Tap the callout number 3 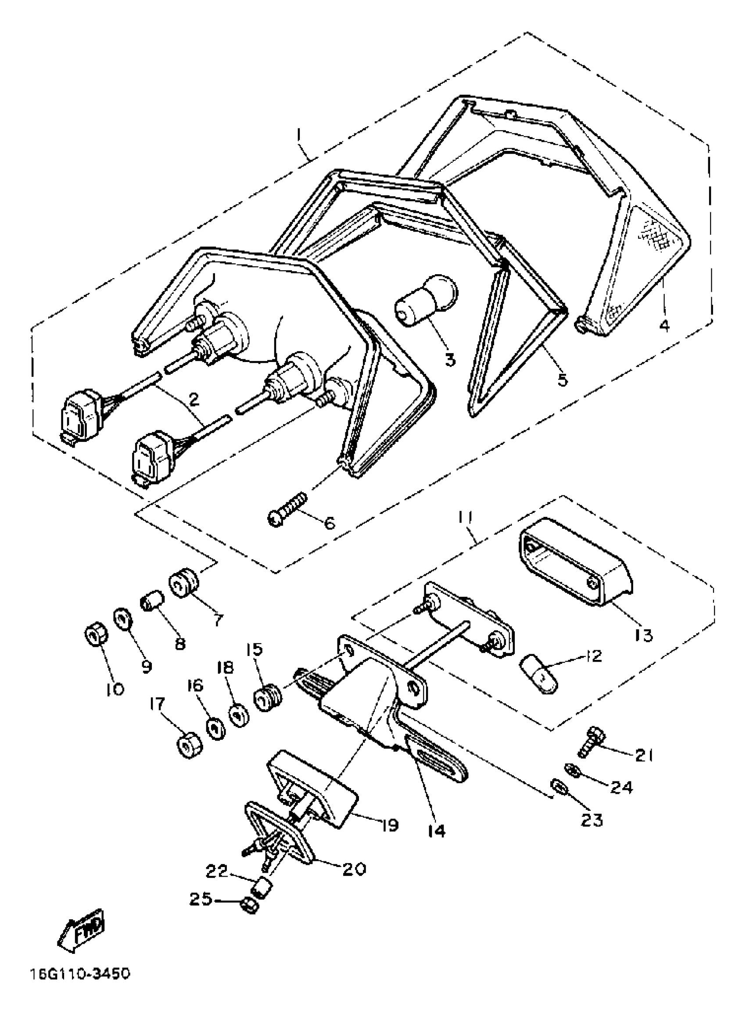450,360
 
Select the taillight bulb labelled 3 426,300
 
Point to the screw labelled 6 288,510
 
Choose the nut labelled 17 188,745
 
